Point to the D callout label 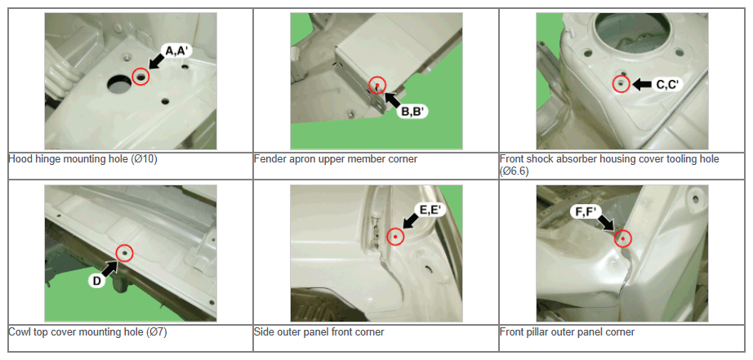[96, 282]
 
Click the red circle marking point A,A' [140, 77]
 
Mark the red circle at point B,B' [377, 85]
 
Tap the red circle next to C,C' [622, 84]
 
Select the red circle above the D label [124, 252]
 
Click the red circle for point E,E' [395, 236]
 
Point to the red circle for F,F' [623, 238]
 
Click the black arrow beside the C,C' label [642, 84]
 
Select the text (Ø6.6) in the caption [515, 171]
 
